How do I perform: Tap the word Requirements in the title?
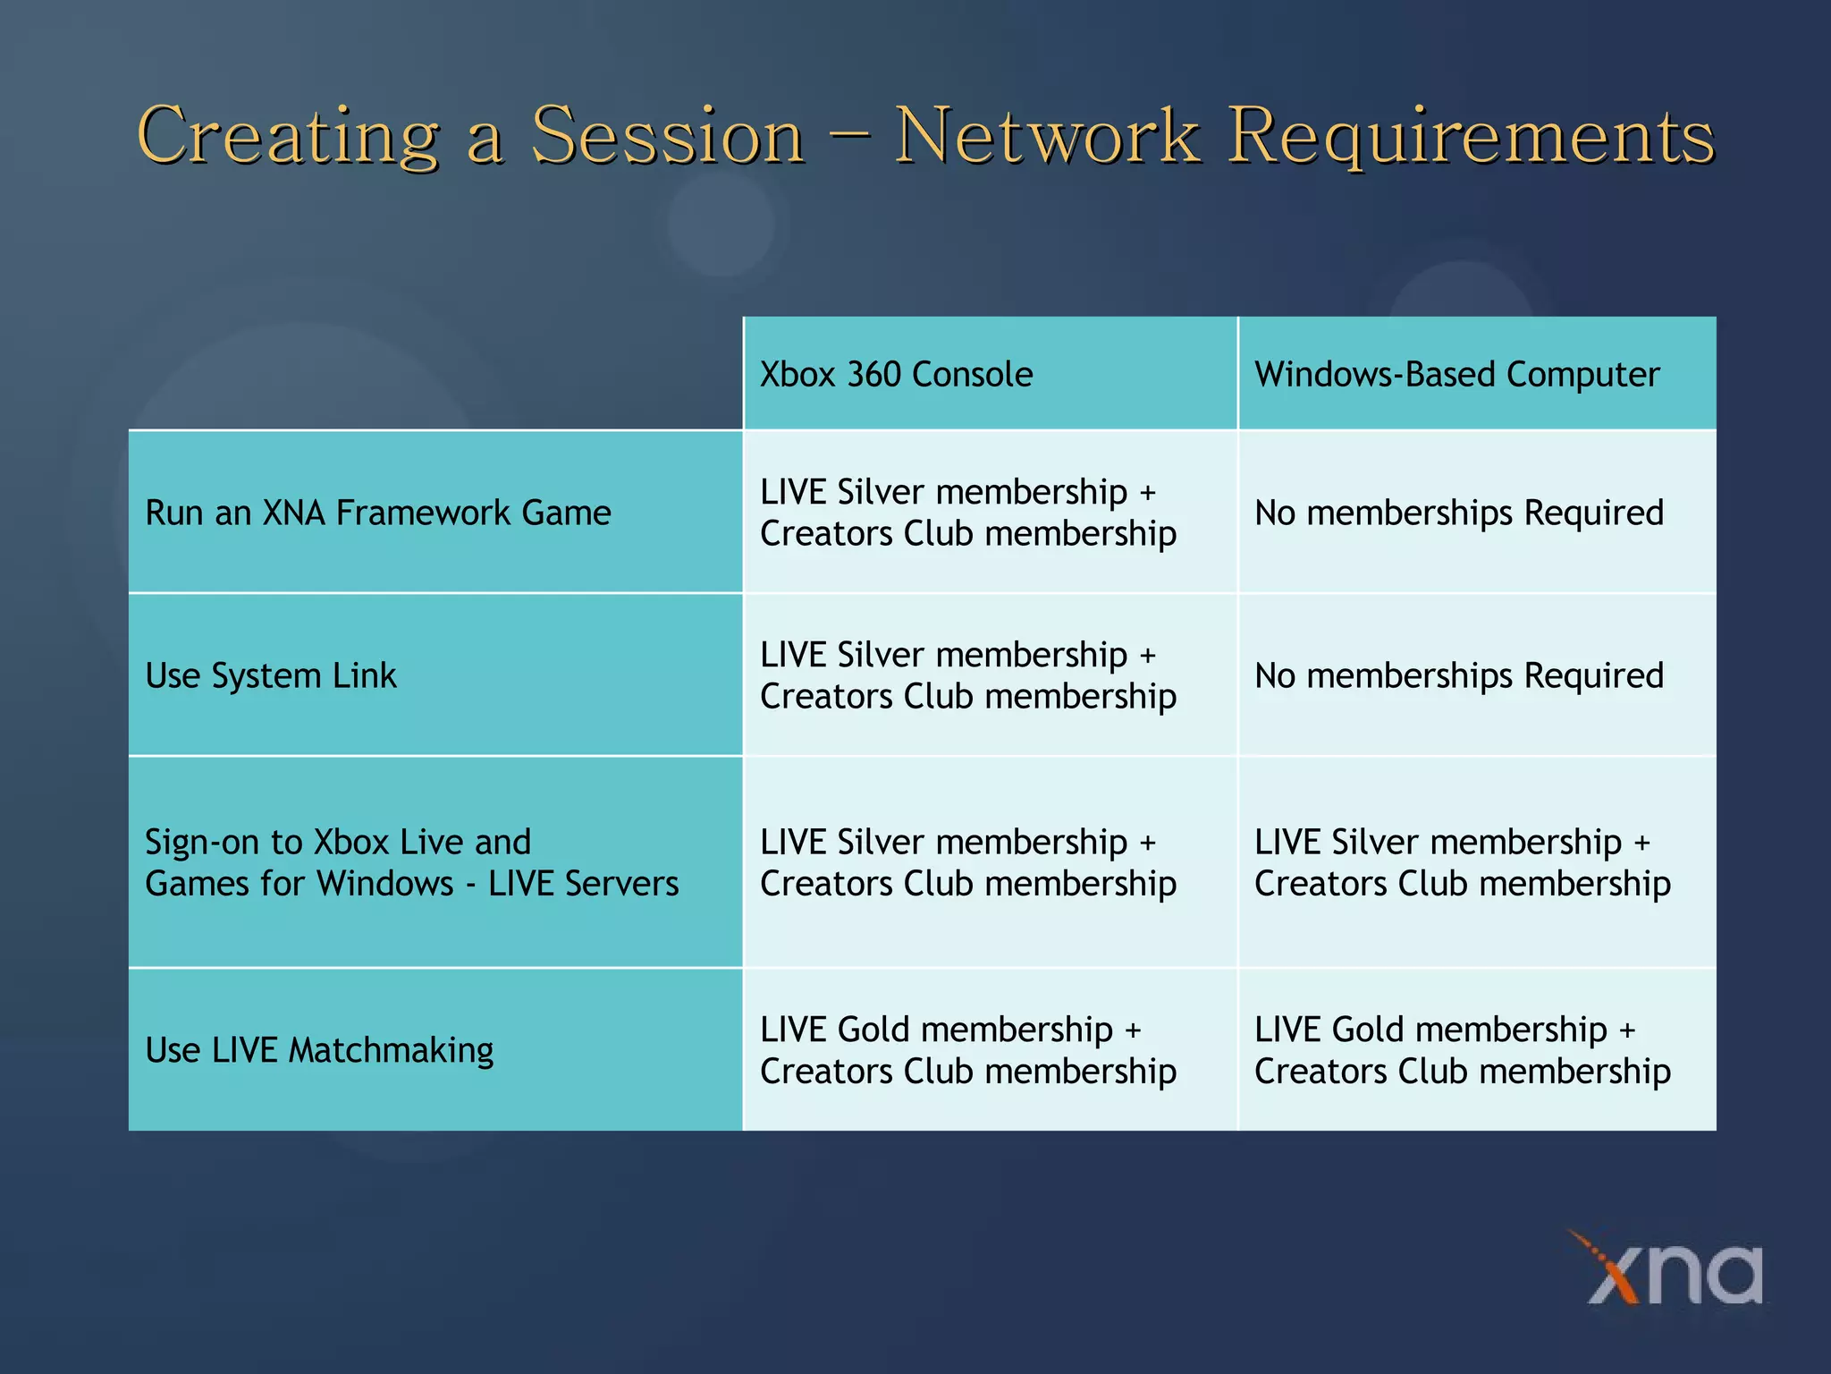(x=1470, y=136)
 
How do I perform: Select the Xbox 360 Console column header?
(x=896, y=374)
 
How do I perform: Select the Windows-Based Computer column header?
(x=1456, y=374)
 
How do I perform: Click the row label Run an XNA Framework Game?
(x=377, y=513)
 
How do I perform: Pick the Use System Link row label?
(x=270, y=675)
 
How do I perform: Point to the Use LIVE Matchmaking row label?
(x=318, y=1050)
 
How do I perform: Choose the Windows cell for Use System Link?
(x=1458, y=675)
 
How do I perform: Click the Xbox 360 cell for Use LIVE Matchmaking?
(x=967, y=1050)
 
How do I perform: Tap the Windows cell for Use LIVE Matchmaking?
(x=1462, y=1050)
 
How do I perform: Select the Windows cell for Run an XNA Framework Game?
(x=1458, y=513)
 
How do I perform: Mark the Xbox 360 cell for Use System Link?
(x=967, y=675)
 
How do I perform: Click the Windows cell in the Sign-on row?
(x=1462, y=862)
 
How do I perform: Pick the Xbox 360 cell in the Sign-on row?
(x=967, y=862)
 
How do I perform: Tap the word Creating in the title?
(x=288, y=136)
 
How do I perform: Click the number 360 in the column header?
(x=873, y=374)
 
